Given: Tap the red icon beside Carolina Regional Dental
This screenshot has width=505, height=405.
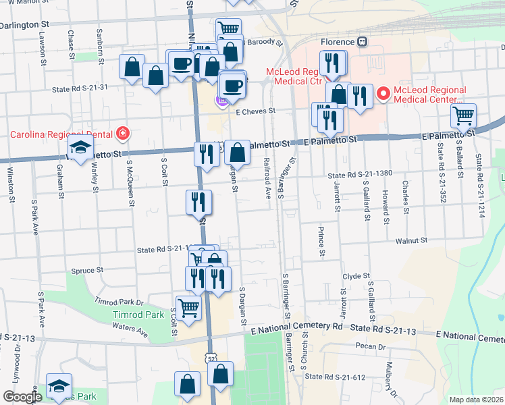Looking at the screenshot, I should pos(122,134).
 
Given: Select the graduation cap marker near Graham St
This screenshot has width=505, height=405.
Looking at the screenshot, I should pos(80,151).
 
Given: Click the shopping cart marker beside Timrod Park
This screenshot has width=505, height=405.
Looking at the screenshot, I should pos(189,308).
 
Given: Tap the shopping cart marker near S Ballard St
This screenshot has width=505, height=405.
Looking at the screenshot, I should pos(463,115).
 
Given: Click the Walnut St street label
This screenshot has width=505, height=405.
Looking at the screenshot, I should pos(412,240).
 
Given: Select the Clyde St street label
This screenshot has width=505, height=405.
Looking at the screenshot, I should pos(356,276).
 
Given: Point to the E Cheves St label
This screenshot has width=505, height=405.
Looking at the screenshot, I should pos(256,111).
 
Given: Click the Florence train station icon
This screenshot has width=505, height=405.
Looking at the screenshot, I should pos(363,41).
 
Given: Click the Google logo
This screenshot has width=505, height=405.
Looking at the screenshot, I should pos(22,396).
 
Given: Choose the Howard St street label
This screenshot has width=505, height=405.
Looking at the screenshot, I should pos(385,206).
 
